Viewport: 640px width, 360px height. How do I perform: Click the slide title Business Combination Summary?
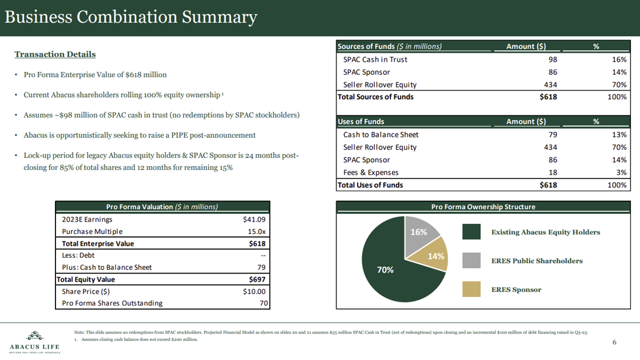[130, 17]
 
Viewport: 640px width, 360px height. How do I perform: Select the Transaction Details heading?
[55, 54]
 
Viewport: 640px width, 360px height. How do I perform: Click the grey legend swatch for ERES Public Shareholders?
[471, 260]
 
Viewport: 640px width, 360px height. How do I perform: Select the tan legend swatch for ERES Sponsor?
[471, 289]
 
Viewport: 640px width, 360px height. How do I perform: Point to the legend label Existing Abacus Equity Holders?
[545, 232]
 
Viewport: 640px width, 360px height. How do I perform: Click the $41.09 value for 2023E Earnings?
[254, 219]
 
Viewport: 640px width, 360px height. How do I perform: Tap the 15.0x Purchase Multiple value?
[257, 231]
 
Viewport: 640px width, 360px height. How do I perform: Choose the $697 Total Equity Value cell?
[257, 279]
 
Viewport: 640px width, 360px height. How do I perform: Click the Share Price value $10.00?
[254, 291]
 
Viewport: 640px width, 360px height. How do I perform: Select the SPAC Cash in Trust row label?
[375, 59]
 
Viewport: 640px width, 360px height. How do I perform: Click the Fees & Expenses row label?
[370, 172]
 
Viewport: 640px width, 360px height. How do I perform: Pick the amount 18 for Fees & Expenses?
[552, 172]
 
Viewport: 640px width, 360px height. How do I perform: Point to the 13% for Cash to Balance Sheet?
[619, 134]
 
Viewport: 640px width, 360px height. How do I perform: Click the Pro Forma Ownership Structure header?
[483, 207]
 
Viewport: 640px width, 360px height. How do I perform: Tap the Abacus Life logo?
[34, 342]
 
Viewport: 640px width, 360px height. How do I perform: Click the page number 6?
[614, 342]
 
